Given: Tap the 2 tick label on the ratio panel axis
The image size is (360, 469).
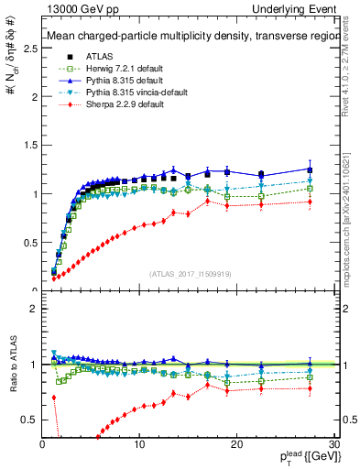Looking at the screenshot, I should tap(32, 309).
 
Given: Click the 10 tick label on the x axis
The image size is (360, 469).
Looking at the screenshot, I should tap(139, 444).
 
